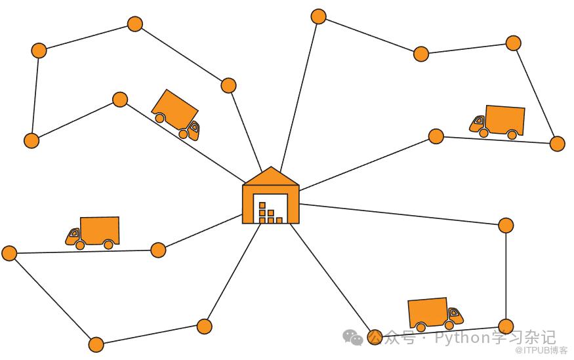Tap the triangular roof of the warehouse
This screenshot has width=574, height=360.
tap(270, 177)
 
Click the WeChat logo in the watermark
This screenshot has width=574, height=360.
tap(352, 337)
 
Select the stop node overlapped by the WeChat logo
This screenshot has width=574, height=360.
tap(375, 337)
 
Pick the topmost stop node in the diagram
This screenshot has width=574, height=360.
tap(318, 16)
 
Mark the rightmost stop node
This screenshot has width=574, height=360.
tap(557, 144)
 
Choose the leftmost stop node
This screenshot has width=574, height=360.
tap(9, 253)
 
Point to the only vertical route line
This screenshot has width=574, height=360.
tap(506, 275)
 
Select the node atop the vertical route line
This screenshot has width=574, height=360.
tap(506, 226)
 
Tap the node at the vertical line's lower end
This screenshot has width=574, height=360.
tap(506, 326)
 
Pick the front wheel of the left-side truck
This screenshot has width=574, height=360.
tap(80, 245)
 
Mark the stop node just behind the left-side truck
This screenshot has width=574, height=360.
tap(158, 250)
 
